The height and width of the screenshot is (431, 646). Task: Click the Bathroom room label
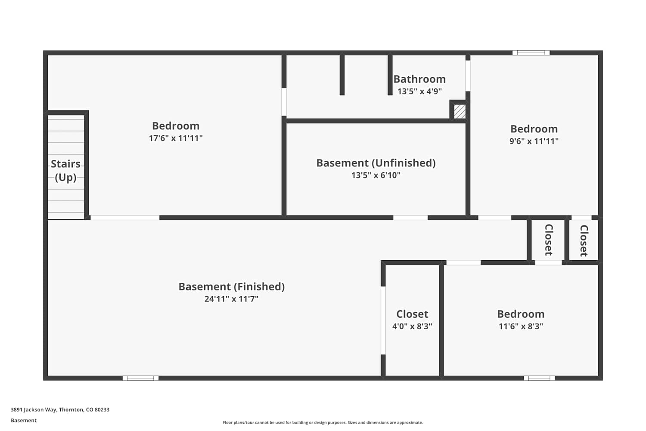point(419,79)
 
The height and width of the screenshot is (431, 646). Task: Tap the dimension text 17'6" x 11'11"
point(176,138)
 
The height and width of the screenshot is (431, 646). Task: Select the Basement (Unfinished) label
point(376,163)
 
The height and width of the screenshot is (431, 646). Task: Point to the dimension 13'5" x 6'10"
point(376,175)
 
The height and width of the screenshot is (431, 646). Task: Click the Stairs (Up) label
point(66,170)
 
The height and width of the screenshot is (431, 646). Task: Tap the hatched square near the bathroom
point(460,112)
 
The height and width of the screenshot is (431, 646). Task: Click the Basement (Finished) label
point(232,287)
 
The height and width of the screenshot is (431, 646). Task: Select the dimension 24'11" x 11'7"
point(231,299)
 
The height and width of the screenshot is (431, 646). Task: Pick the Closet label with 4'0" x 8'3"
point(412,314)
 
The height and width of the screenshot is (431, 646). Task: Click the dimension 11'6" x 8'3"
point(521,326)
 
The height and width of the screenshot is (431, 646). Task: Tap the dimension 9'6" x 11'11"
point(534,141)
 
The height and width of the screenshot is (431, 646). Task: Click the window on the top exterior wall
point(531,53)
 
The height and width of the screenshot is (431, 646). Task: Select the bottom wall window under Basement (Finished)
point(140,378)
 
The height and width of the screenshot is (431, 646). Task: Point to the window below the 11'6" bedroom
point(539,378)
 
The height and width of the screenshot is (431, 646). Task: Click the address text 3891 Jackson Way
point(34,409)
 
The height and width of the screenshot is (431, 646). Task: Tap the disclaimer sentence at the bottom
point(323,422)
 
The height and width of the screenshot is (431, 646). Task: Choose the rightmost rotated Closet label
point(584,241)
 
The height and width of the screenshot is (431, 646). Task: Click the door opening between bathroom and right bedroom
point(468,76)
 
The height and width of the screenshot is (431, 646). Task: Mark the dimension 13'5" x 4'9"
point(419,91)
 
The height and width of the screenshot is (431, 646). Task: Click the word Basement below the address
point(24,420)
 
